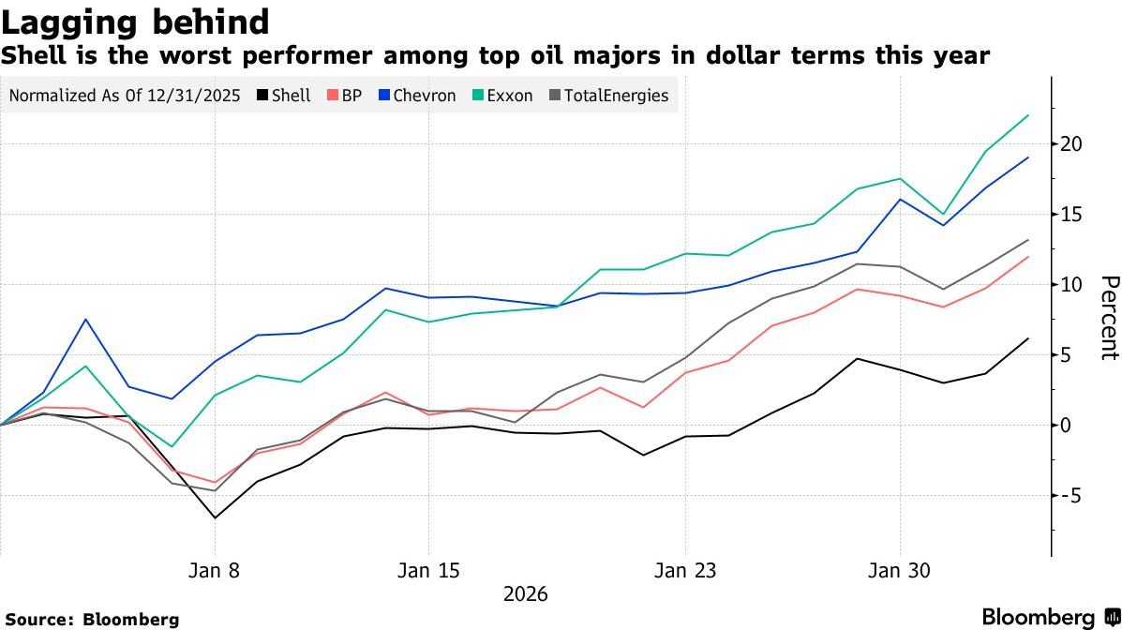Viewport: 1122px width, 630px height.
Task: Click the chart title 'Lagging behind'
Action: point(136,22)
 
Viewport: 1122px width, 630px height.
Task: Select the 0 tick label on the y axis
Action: point(1067,425)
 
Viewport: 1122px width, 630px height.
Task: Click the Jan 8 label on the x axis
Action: point(215,571)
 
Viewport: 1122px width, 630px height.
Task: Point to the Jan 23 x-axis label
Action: point(685,571)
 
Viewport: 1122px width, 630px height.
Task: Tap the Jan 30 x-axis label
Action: point(900,571)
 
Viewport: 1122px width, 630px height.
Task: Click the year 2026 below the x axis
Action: point(525,594)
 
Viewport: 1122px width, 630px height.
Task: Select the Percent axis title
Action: point(1109,318)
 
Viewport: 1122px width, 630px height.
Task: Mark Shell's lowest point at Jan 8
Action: point(215,517)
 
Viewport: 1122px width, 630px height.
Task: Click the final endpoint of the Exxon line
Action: point(1028,115)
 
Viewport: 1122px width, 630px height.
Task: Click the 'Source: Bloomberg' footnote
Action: point(92,619)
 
